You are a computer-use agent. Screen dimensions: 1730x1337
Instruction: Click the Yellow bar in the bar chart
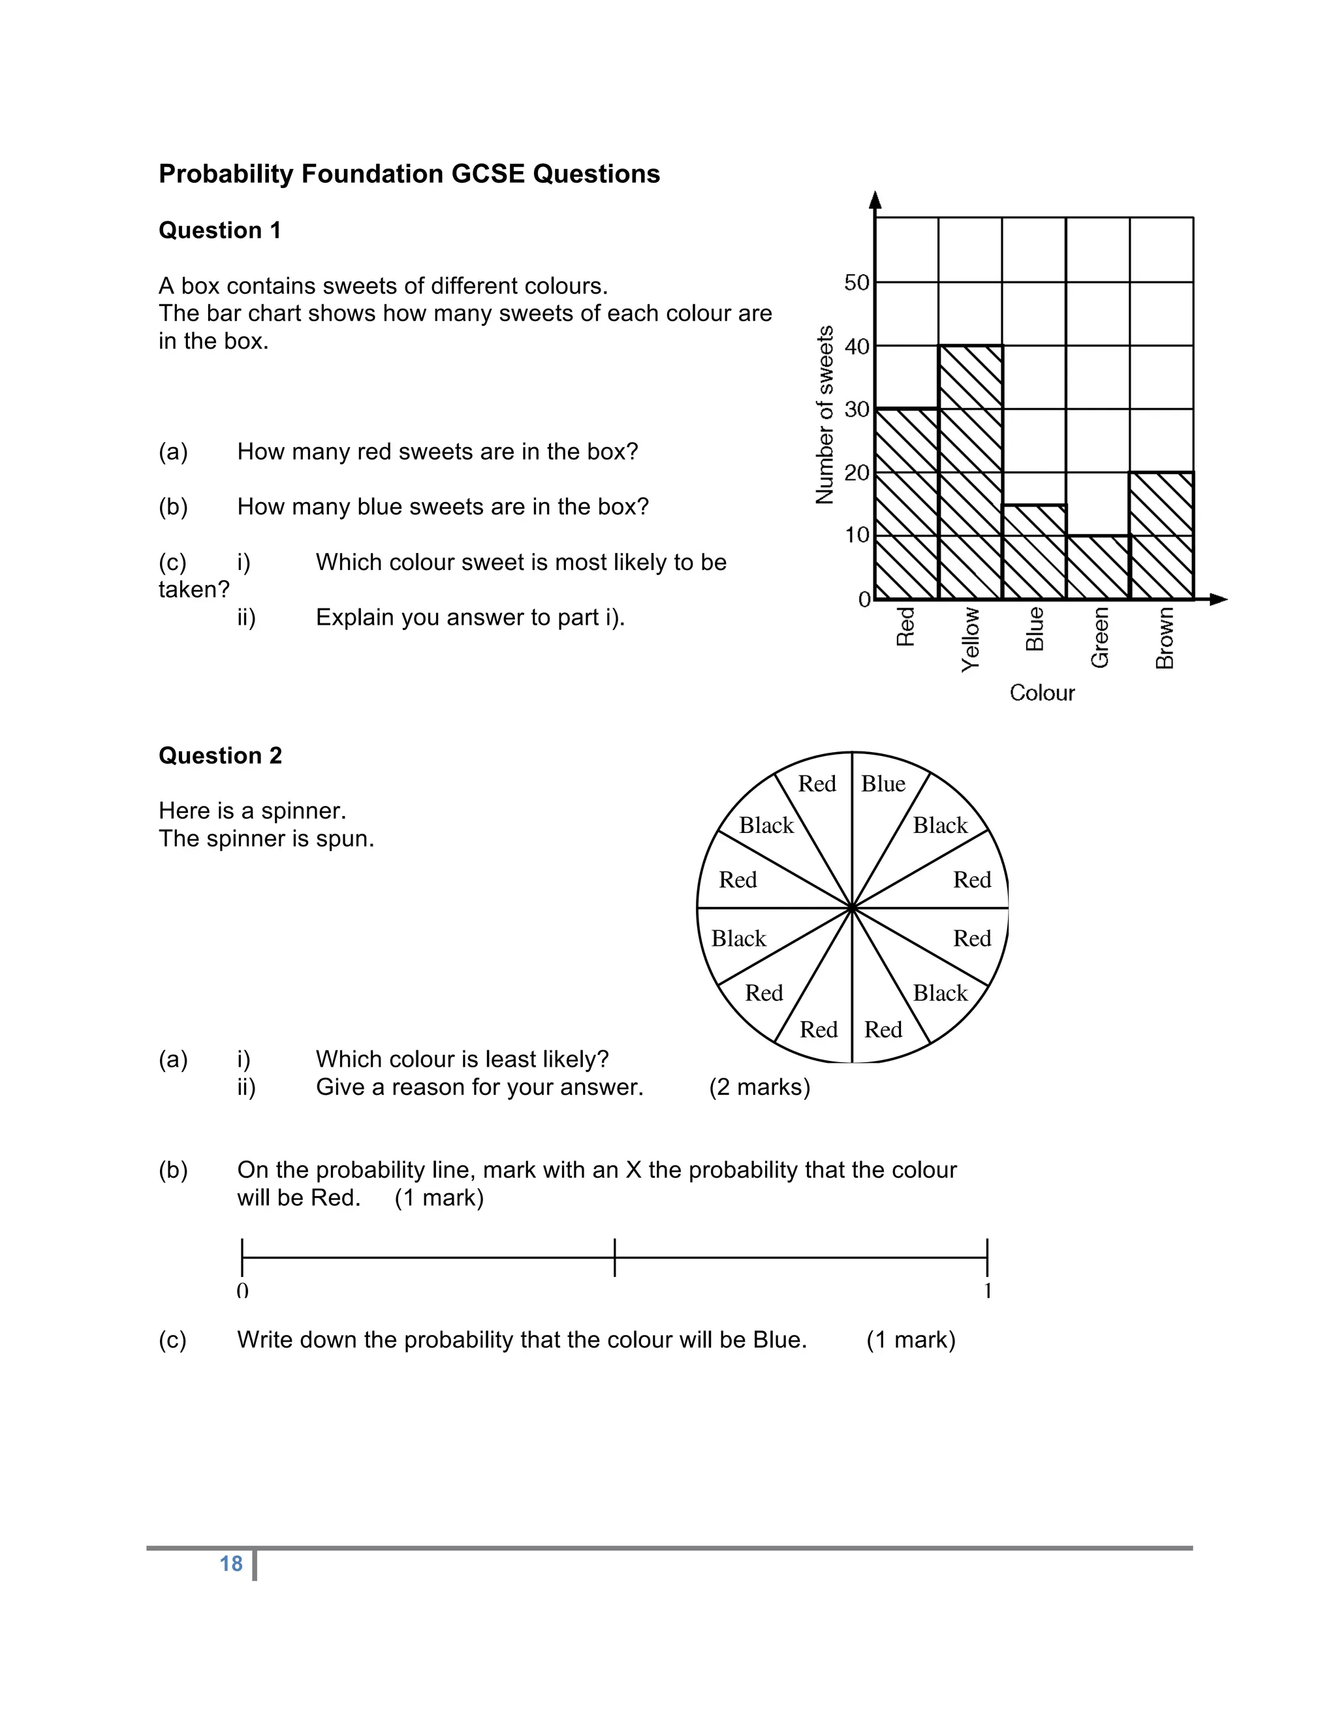point(970,472)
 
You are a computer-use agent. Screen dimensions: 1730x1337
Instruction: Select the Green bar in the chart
point(1098,567)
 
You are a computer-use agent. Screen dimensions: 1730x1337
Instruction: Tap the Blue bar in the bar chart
point(1033,552)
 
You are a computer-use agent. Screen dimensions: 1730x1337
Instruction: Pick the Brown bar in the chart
point(1161,535)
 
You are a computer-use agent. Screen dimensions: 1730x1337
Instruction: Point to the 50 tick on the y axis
point(857,282)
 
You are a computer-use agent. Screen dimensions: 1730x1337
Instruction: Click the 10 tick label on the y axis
point(857,535)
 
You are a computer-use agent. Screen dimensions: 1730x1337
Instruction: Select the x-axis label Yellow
point(970,640)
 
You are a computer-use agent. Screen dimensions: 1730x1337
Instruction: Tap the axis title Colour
point(1041,693)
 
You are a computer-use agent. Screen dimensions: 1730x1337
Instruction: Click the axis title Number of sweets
point(825,415)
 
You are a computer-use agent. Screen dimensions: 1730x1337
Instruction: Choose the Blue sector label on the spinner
point(883,783)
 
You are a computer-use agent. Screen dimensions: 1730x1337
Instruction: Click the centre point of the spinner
point(852,908)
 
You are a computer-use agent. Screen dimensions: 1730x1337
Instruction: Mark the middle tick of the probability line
point(614,1257)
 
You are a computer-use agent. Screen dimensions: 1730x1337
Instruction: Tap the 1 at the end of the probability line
point(988,1291)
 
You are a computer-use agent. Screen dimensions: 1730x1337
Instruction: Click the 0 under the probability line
point(242,1291)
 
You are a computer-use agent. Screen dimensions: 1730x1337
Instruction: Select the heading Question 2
point(220,756)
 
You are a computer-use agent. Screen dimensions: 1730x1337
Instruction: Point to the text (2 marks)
point(760,1087)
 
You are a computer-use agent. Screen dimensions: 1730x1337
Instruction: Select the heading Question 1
point(219,230)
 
